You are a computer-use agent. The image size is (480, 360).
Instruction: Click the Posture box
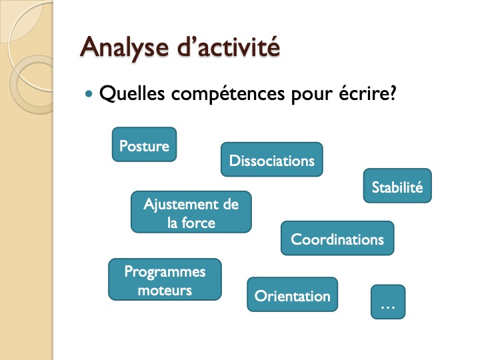coord(144,145)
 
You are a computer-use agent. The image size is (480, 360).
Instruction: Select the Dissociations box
coord(272,159)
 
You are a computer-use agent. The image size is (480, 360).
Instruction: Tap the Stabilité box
coord(397,185)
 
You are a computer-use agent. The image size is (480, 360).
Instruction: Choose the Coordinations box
coord(337,238)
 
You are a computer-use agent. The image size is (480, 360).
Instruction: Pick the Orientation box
coord(293,295)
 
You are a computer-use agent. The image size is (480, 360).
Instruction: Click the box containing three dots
coord(388,302)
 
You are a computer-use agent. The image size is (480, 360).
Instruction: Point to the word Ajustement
coord(181,205)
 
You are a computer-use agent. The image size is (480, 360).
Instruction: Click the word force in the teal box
coord(199,223)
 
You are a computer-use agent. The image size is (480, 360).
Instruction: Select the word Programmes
coord(165,272)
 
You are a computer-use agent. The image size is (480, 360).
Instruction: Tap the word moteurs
coord(165,290)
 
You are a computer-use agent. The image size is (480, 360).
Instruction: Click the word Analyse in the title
coord(125,48)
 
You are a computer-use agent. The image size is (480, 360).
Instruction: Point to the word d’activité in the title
coord(229,47)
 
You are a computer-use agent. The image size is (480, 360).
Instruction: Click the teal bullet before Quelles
coord(89,94)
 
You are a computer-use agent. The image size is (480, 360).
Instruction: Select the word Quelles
coord(132,93)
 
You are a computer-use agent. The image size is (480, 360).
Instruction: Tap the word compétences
coord(228,94)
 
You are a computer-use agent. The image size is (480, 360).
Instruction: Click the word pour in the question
coord(311,95)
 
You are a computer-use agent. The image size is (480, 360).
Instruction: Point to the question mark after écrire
coord(391,93)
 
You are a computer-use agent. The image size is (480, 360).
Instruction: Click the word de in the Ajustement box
coord(231,204)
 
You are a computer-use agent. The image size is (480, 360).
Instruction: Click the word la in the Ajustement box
coord(173,223)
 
